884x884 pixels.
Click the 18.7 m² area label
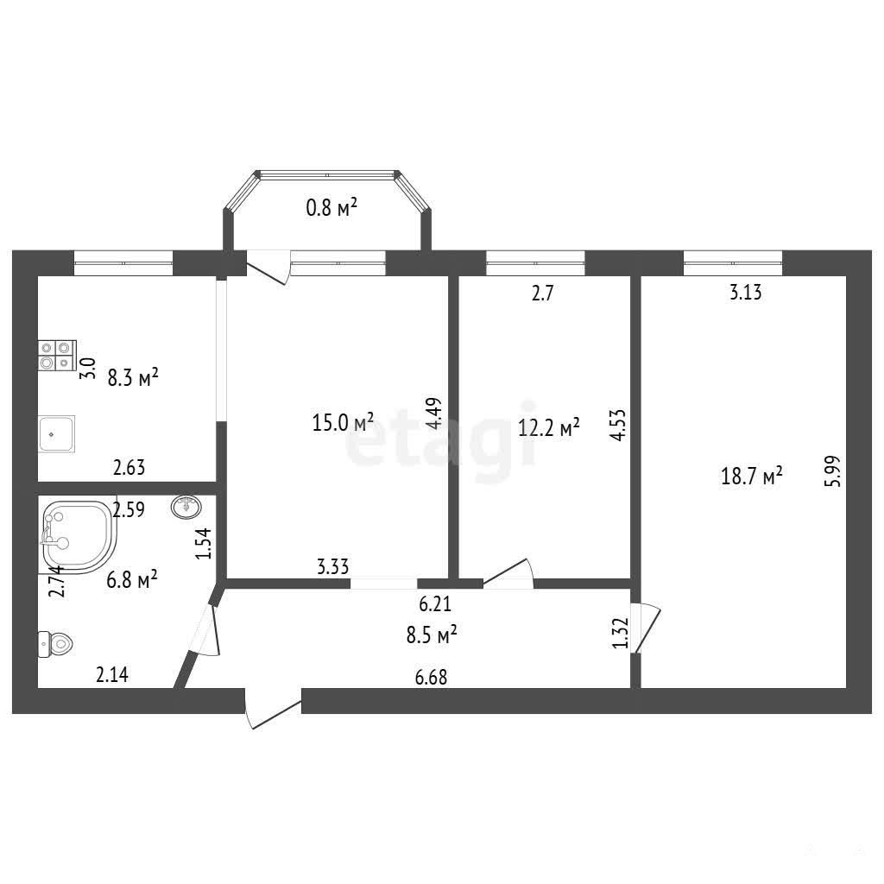pyautogui.click(x=752, y=477)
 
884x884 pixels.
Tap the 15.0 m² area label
pyautogui.click(x=343, y=421)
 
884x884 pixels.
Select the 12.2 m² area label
pyautogui.click(x=548, y=427)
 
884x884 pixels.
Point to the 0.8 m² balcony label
pyautogui.click(x=331, y=208)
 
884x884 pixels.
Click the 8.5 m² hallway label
pyautogui.click(x=432, y=635)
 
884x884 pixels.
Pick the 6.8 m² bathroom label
pyautogui.click(x=132, y=578)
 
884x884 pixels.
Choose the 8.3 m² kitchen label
pyautogui.click(x=133, y=377)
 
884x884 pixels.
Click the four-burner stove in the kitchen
pyautogui.click(x=57, y=355)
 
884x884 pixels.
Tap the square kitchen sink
pyautogui.click(x=56, y=433)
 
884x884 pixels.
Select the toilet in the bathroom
pyautogui.click(x=55, y=644)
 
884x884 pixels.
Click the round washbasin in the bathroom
pyautogui.click(x=186, y=507)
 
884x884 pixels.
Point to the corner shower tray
pyautogui.click(x=79, y=537)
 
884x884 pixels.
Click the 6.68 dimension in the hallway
pyautogui.click(x=432, y=677)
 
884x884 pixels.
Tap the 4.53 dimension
pyautogui.click(x=618, y=425)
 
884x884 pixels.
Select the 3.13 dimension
pyautogui.click(x=745, y=292)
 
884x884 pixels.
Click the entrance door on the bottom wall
pyautogui.click(x=273, y=708)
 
